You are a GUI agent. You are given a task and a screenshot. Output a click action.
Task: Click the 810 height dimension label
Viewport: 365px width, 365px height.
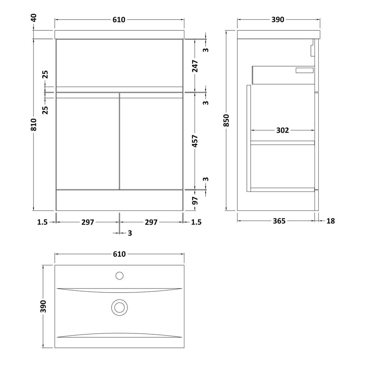coord(34,124)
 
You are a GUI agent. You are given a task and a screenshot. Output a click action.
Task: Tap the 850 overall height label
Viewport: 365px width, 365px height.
coord(226,121)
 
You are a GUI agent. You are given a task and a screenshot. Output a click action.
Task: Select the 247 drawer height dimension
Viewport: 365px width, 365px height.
coord(195,66)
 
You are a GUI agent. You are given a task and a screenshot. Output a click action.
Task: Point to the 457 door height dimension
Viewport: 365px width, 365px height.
coord(195,141)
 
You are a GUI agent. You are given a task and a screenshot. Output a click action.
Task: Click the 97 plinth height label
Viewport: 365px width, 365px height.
coord(195,201)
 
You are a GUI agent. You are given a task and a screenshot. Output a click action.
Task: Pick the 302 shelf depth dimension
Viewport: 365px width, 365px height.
coord(282,130)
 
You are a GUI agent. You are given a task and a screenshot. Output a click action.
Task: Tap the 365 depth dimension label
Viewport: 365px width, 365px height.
coord(279,221)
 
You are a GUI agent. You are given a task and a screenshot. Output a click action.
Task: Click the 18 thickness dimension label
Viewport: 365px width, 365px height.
coord(331,221)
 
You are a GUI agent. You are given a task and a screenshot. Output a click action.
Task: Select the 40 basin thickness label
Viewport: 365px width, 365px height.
coord(34,18)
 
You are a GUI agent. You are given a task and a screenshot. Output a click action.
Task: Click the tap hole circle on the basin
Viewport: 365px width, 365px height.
coord(120,276)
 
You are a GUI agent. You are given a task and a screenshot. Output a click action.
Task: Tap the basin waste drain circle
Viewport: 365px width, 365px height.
coord(120,307)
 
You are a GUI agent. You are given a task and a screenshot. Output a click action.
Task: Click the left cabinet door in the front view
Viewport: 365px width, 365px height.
coord(88,141)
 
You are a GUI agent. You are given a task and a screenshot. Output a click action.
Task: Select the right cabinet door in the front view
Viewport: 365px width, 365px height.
coord(151,141)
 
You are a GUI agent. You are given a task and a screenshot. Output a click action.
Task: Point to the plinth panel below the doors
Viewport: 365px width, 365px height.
coord(120,200)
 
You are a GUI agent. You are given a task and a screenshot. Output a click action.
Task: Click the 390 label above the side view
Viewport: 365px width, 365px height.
coord(278,20)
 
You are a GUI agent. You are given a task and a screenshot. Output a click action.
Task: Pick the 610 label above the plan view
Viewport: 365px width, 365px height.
coord(119,254)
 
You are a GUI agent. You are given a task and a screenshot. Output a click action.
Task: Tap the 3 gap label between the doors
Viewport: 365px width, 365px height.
coord(130,233)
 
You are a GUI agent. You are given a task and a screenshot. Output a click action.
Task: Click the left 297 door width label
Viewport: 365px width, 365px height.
coord(88,222)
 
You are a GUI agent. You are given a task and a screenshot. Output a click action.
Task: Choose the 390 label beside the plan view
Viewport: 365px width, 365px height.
coord(43,306)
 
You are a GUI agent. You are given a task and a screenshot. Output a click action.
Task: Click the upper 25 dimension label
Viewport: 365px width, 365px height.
coord(45,75)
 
